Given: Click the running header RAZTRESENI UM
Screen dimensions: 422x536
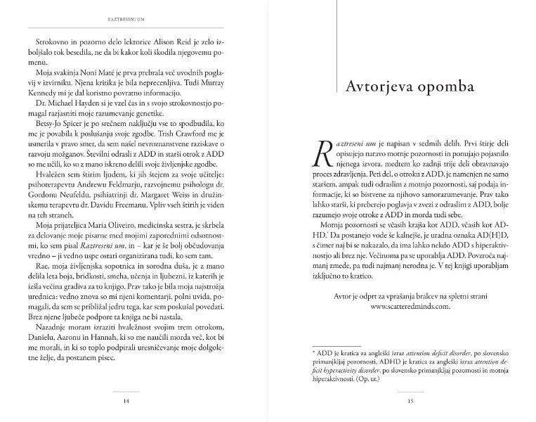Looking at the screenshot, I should pyautogui.click(x=136, y=11).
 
